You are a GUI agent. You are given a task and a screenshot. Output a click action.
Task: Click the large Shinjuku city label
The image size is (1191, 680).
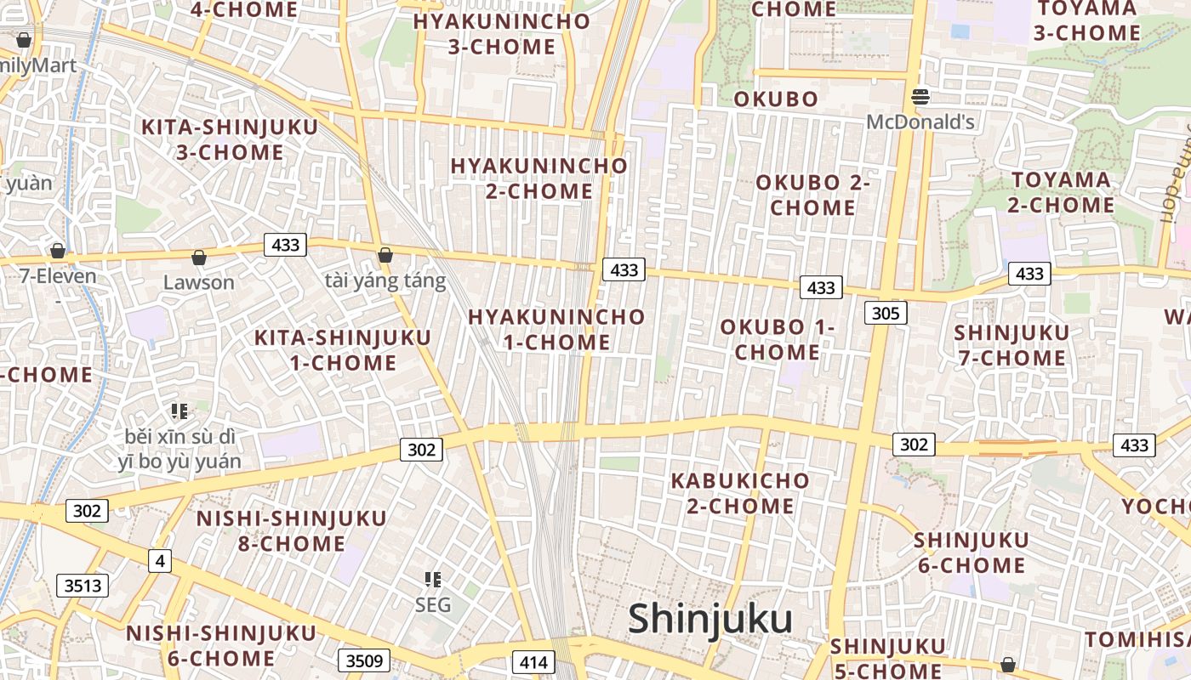(x=710, y=620)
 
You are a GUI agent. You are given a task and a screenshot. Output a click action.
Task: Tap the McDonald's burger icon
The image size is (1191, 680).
(x=920, y=97)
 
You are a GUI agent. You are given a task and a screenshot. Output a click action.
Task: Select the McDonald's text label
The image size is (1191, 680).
(x=920, y=122)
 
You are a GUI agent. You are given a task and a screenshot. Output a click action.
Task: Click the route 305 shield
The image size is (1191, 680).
(x=886, y=313)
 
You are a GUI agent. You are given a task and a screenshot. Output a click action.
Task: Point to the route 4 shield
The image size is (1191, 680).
(x=159, y=561)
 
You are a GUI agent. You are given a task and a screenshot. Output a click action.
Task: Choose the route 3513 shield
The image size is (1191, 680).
(x=83, y=585)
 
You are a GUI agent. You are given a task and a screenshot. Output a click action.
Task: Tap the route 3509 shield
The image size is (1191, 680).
(x=364, y=660)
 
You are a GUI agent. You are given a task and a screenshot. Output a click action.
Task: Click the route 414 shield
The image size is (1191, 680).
(x=533, y=662)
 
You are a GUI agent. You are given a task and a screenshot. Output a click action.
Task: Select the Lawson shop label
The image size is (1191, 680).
(x=198, y=282)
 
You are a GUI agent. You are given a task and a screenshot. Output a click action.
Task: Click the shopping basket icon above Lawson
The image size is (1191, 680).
(x=199, y=257)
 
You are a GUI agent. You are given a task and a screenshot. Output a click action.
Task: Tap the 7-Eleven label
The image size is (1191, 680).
(x=58, y=276)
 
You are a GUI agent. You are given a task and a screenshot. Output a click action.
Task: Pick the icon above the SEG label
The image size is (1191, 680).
(x=433, y=580)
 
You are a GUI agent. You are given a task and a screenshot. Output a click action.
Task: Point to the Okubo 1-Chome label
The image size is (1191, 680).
(x=778, y=339)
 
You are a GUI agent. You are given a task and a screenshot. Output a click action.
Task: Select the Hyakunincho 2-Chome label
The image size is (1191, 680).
(x=539, y=178)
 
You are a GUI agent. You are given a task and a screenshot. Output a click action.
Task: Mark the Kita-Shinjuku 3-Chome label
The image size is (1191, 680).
(x=230, y=139)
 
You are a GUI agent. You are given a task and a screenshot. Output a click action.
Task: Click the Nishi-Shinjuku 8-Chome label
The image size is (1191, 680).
(x=291, y=530)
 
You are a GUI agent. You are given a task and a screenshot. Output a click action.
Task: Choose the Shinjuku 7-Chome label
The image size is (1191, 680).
(x=1011, y=345)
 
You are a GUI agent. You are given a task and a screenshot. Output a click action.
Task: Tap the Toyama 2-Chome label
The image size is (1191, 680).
(x=1061, y=192)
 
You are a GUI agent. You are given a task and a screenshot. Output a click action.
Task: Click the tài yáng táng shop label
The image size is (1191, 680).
(x=385, y=281)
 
